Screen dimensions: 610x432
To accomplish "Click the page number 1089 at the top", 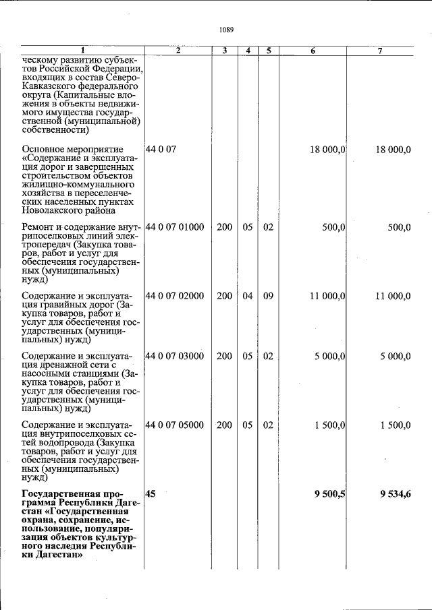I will point(226,30).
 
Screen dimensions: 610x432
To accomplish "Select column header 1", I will point(82,51).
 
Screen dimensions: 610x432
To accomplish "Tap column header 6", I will point(313,51).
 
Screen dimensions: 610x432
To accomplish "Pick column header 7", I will point(381,51).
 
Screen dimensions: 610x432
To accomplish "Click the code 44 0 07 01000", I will point(175,227).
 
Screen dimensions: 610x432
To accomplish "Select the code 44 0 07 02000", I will point(175,296).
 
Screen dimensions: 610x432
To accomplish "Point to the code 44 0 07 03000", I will point(175,356).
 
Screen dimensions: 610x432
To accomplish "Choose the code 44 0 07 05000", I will point(175,425).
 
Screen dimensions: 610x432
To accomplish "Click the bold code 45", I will point(151,493).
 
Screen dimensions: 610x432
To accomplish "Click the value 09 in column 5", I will point(268,296).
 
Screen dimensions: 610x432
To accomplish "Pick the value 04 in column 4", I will point(248,296).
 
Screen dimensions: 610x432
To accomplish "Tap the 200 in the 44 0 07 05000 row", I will point(224,425).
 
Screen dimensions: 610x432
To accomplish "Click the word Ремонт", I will point(38,227).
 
